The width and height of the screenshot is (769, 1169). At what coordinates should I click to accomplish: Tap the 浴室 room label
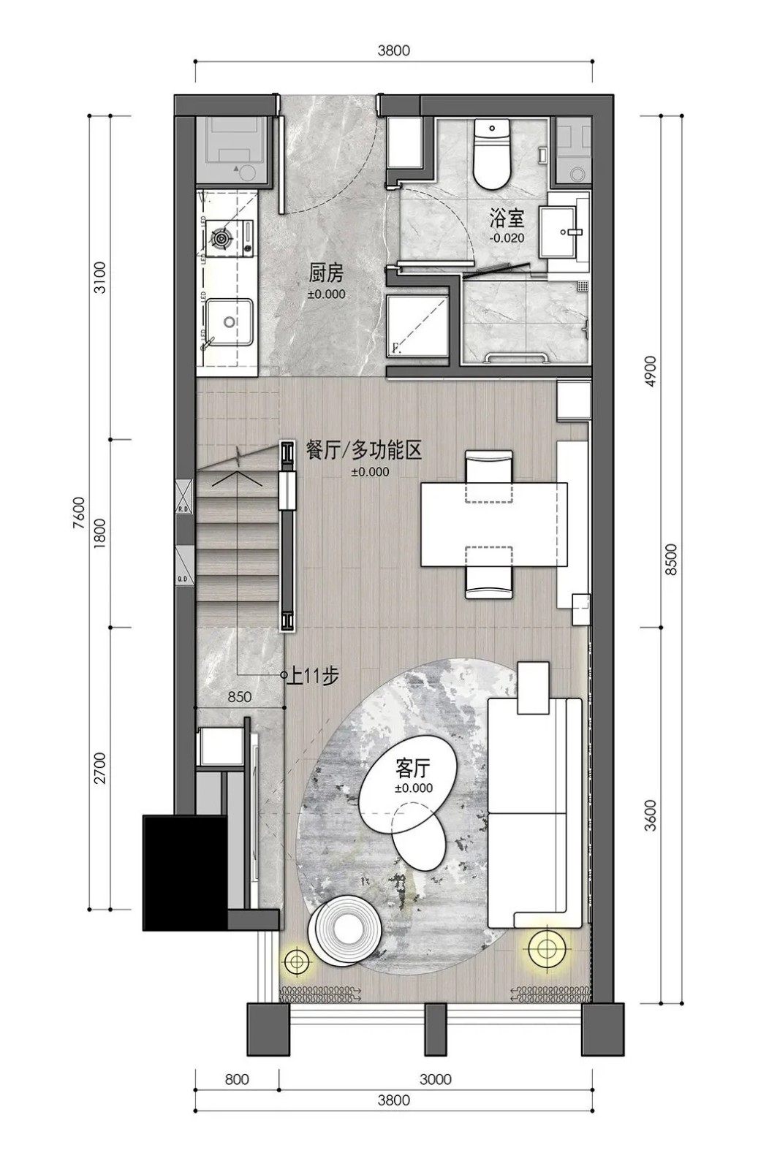(x=507, y=218)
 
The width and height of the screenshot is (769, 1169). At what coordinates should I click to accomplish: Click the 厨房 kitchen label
(x=326, y=274)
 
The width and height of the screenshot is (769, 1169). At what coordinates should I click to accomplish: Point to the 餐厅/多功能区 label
(x=364, y=450)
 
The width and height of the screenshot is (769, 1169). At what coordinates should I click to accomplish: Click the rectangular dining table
(x=493, y=524)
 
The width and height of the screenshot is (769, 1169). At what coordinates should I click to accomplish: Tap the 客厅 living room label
(x=413, y=769)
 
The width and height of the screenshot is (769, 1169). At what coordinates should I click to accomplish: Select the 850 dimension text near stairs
(x=239, y=697)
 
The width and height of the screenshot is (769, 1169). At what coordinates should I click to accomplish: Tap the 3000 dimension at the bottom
(x=436, y=1079)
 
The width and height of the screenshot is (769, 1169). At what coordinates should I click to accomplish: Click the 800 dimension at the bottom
(x=237, y=1079)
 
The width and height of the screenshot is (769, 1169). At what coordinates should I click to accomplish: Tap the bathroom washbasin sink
(x=567, y=231)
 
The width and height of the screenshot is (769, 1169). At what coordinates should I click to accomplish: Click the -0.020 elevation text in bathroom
(x=507, y=238)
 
